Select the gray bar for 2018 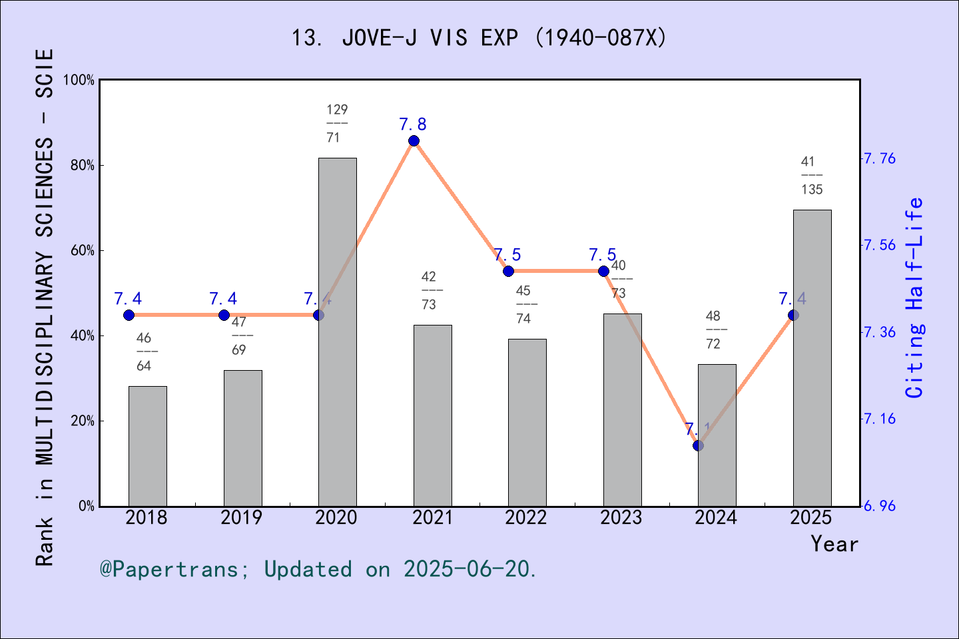click(147, 446)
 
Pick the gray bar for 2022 click(527, 422)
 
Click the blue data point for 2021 click(414, 140)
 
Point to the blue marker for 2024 click(698, 445)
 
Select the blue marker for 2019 click(224, 315)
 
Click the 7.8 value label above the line click(413, 124)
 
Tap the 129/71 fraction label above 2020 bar click(337, 124)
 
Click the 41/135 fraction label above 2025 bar click(811, 176)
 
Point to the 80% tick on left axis click(83, 166)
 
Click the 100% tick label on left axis click(79, 80)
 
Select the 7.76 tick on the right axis click(879, 158)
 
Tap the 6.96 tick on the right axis click(879, 506)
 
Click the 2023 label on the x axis click(621, 518)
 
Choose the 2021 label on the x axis click(432, 518)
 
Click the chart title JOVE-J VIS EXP click(479, 38)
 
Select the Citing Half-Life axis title click(914, 298)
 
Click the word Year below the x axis click(834, 544)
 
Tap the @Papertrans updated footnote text click(318, 569)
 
